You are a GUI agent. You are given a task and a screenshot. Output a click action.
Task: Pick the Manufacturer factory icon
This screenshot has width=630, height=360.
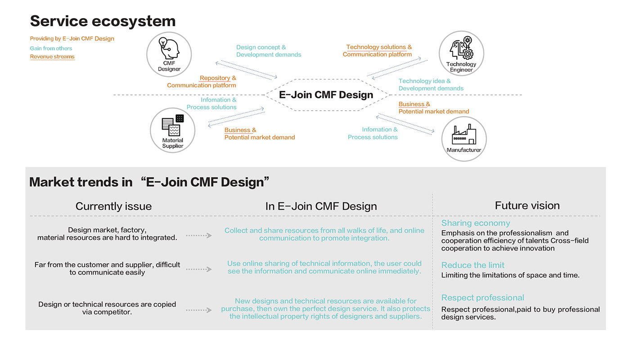tap(464, 135)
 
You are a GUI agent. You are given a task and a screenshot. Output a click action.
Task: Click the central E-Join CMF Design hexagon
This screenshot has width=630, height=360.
tap(326, 95)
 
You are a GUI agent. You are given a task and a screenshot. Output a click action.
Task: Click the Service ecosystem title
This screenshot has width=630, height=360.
tap(103, 21)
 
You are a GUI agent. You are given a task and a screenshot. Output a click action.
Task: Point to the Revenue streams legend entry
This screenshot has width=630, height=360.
tap(52, 57)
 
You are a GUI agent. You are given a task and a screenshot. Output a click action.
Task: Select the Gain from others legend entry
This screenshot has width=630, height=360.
tap(51, 48)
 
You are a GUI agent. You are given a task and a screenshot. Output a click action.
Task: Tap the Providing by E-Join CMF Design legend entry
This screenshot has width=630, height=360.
tap(72, 39)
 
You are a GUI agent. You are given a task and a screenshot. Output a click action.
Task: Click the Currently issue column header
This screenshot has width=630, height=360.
tap(113, 206)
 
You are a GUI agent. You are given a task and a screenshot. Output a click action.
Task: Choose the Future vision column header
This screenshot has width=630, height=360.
tap(527, 206)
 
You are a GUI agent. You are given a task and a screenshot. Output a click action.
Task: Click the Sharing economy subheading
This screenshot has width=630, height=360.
tap(476, 223)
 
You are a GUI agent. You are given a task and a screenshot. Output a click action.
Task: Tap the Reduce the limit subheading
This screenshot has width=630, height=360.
tap(473, 265)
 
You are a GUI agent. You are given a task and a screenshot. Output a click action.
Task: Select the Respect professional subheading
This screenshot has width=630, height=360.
tap(483, 297)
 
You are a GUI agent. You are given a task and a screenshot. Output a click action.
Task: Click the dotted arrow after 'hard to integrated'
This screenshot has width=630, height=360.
tap(198, 235)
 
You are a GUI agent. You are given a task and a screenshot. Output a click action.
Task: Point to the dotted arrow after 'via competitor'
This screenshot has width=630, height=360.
tap(198, 310)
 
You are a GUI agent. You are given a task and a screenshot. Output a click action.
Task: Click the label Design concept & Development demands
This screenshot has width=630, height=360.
tap(269, 51)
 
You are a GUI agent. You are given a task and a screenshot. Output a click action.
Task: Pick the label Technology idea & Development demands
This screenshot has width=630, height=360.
tap(431, 85)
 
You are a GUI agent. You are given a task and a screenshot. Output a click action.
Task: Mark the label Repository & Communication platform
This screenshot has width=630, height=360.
tap(202, 81)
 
